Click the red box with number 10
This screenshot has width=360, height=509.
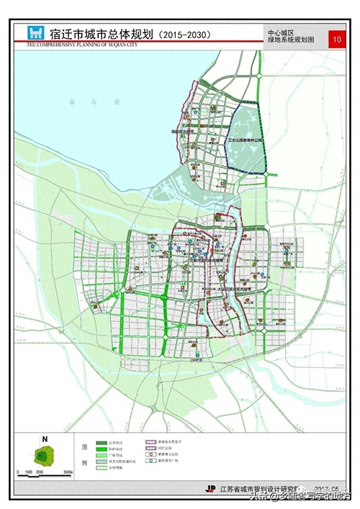[x=336, y=39]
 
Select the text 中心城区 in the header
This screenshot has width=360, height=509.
[x=282, y=33]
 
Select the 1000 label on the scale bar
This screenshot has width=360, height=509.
[x=30, y=473]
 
